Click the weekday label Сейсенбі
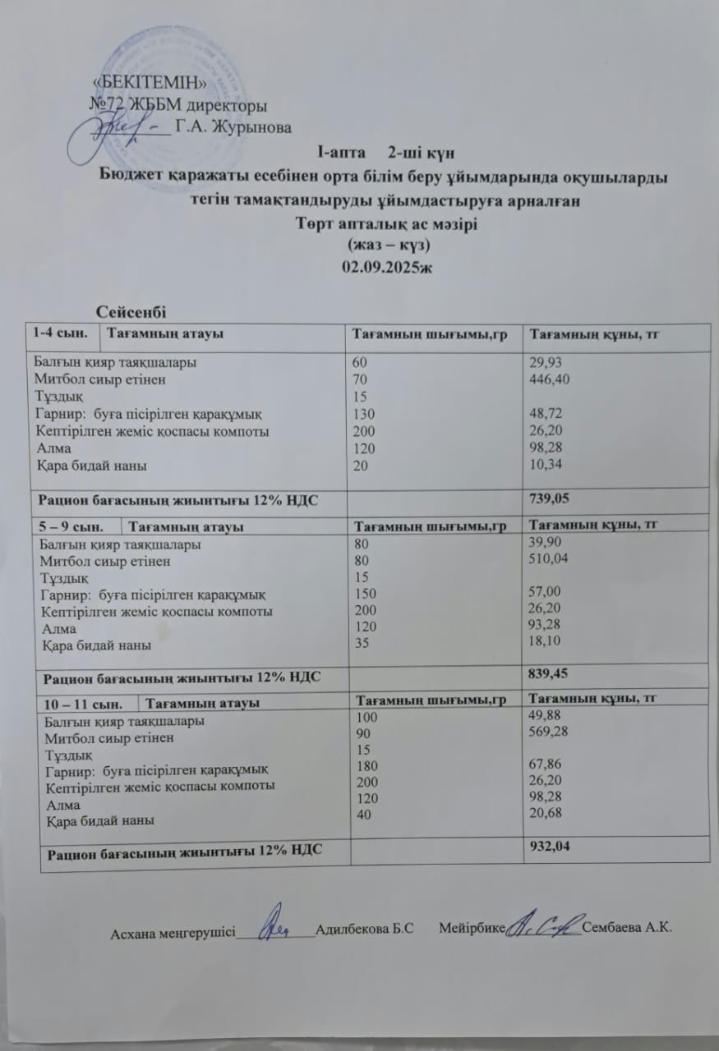click(131, 311)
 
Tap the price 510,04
click(552, 559)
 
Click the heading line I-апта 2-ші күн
click(385, 153)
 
